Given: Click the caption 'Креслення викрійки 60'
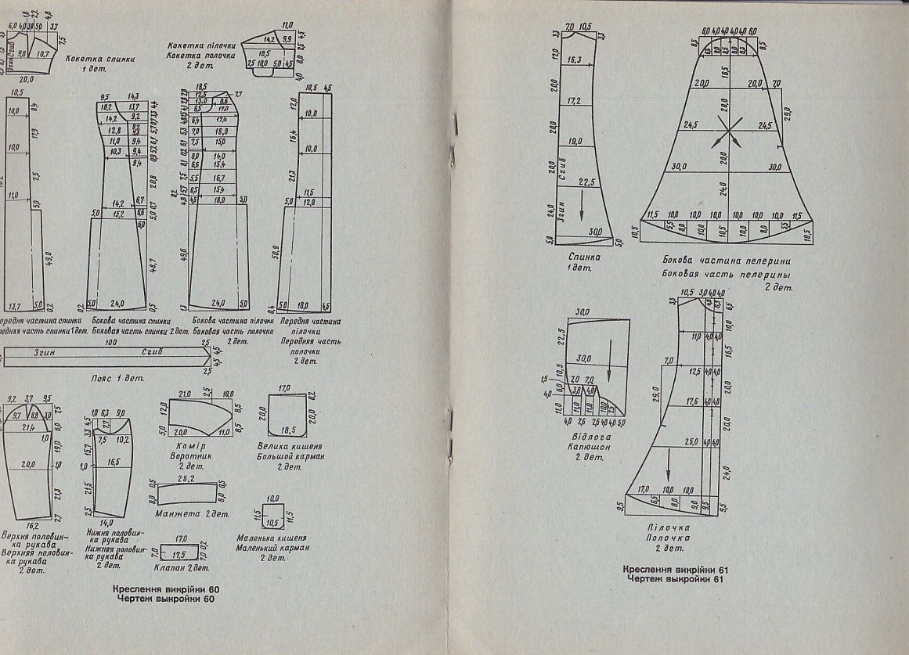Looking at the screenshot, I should (163, 588).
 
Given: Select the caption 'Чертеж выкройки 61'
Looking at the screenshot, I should (671, 579).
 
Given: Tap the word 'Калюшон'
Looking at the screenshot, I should (586, 448).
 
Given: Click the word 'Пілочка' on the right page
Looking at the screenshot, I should (668, 527).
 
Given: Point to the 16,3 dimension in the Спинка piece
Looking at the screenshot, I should (574, 59).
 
